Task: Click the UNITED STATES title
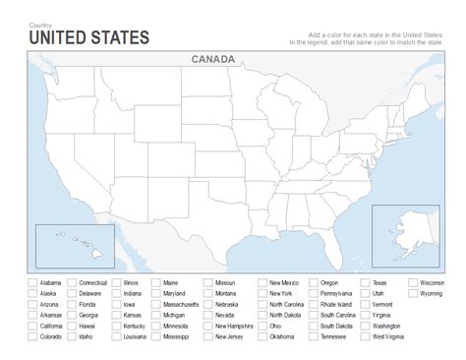pos(89,37)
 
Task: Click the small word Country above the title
pos(41,24)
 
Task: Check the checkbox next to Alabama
pos(32,282)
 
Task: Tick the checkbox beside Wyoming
pos(411,293)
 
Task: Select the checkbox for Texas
pos(365,282)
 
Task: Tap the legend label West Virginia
pos(392,336)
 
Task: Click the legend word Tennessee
pos(334,336)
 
